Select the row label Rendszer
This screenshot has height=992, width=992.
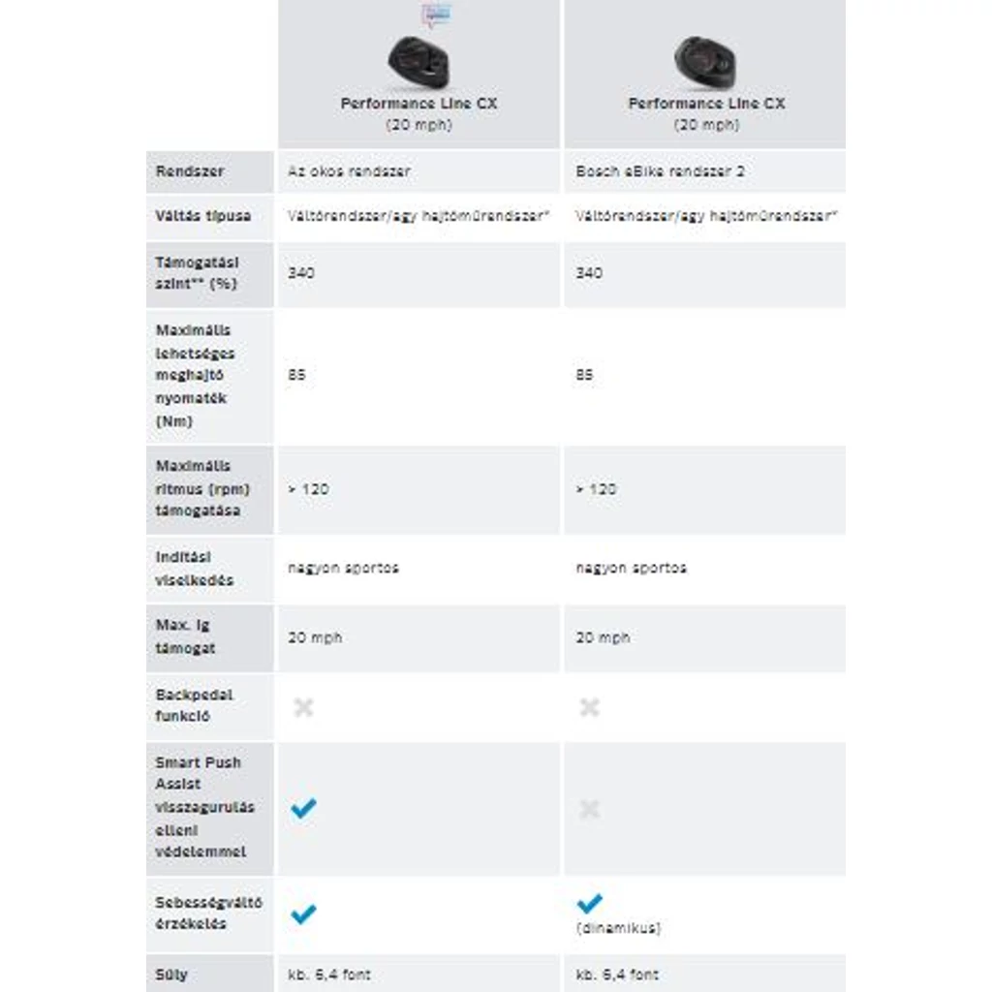[x=190, y=171]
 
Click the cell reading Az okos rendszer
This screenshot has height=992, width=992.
[x=349, y=171]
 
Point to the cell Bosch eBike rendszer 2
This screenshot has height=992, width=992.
[x=660, y=171]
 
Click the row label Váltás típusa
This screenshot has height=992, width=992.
[x=202, y=216]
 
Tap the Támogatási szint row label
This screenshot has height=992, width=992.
[x=197, y=273]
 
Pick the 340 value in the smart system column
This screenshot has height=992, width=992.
[x=300, y=273]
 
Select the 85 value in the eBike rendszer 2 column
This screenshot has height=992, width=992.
[x=584, y=375]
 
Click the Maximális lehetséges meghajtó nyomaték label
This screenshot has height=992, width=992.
[x=195, y=375]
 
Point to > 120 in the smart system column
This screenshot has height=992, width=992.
[x=308, y=489]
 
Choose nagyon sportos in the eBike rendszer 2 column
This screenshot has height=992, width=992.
[x=631, y=568]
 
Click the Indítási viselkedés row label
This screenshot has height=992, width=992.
[x=194, y=569]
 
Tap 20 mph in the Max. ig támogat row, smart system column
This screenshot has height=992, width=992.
[x=315, y=637]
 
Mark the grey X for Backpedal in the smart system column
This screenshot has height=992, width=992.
[x=303, y=708]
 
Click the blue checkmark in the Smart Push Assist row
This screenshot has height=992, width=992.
[x=303, y=809]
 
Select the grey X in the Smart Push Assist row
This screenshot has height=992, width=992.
[x=589, y=809]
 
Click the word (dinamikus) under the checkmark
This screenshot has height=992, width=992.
[x=618, y=928]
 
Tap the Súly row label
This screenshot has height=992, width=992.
[x=171, y=975]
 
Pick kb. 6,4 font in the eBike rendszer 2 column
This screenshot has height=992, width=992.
[x=617, y=975]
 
